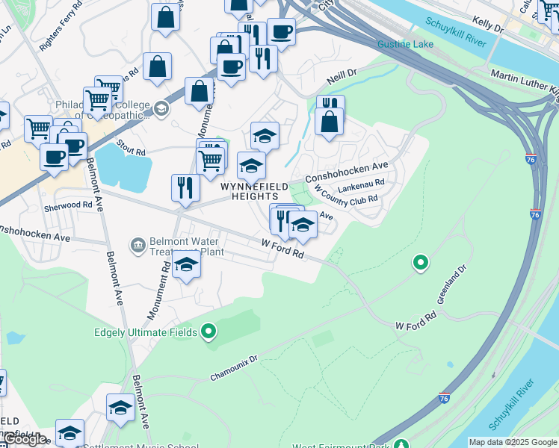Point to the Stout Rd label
131,152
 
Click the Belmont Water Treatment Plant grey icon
138,244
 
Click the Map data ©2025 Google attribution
513,442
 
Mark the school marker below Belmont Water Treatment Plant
186,265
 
